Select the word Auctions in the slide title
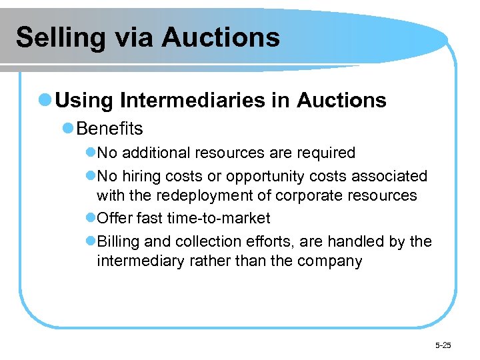[220, 37]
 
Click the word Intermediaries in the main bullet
[197, 101]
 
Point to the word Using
[85, 101]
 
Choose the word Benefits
[110, 127]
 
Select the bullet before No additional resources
[91, 153]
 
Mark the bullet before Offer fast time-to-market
[91, 218]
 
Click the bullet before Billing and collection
[91, 241]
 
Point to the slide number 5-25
[443, 345]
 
